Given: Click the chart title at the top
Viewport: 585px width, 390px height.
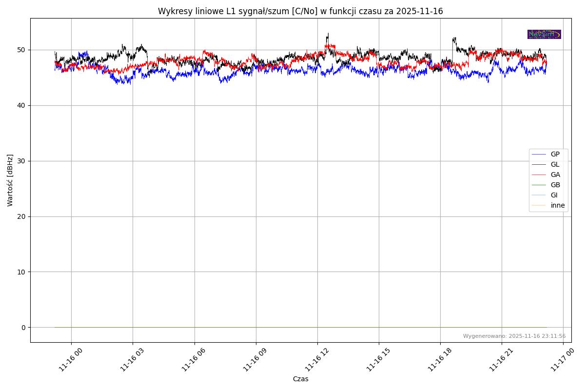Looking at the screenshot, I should click(x=300, y=11).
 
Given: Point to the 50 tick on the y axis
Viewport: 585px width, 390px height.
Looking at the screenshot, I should click(x=22, y=50).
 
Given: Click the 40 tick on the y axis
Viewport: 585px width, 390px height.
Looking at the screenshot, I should click(x=22, y=106).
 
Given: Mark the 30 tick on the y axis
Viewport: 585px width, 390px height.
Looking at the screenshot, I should click(x=22, y=161).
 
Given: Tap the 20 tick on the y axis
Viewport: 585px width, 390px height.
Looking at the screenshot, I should click(x=22, y=216).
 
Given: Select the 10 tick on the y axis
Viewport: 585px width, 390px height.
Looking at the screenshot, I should click(x=22, y=272).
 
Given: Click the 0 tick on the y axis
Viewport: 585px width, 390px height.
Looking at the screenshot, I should click(x=23, y=328).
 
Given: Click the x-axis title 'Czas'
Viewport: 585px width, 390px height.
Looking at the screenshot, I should click(x=300, y=379).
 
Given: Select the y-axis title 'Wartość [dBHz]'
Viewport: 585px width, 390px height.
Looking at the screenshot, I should click(x=10, y=180).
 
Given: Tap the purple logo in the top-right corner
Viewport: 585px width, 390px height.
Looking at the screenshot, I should click(x=544, y=35).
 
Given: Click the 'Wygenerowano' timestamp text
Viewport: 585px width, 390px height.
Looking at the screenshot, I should click(x=514, y=336).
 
